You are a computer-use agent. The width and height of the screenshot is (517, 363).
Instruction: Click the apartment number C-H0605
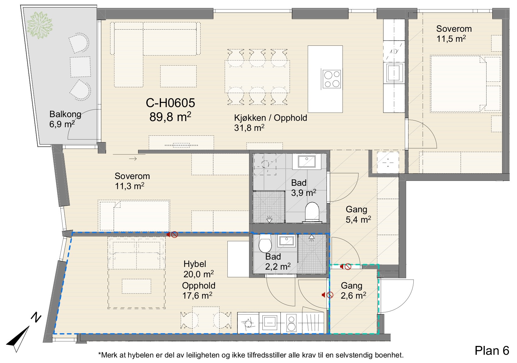click(170, 103)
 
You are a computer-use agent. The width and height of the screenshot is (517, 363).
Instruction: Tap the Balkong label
click(65, 114)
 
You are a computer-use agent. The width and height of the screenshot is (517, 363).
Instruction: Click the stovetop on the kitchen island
click(332, 79)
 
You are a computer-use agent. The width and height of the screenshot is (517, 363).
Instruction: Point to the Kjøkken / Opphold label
click(270, 118)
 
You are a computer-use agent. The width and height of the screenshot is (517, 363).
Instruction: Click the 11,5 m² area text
click(451, 39)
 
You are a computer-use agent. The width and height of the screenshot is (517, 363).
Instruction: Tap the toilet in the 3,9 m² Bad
click(312, 211)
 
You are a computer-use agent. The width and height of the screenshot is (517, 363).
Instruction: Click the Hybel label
click(194, 264)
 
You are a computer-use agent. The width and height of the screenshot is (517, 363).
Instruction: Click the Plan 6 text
click(492, 351)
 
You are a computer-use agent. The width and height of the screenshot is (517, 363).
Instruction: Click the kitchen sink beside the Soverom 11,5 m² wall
click(394, 73)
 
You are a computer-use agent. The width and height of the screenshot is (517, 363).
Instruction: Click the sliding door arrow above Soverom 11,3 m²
click(133, 159)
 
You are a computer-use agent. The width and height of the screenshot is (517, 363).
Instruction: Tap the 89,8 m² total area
click(170, 117)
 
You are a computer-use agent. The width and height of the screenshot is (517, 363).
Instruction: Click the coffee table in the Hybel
click(137, 286)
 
